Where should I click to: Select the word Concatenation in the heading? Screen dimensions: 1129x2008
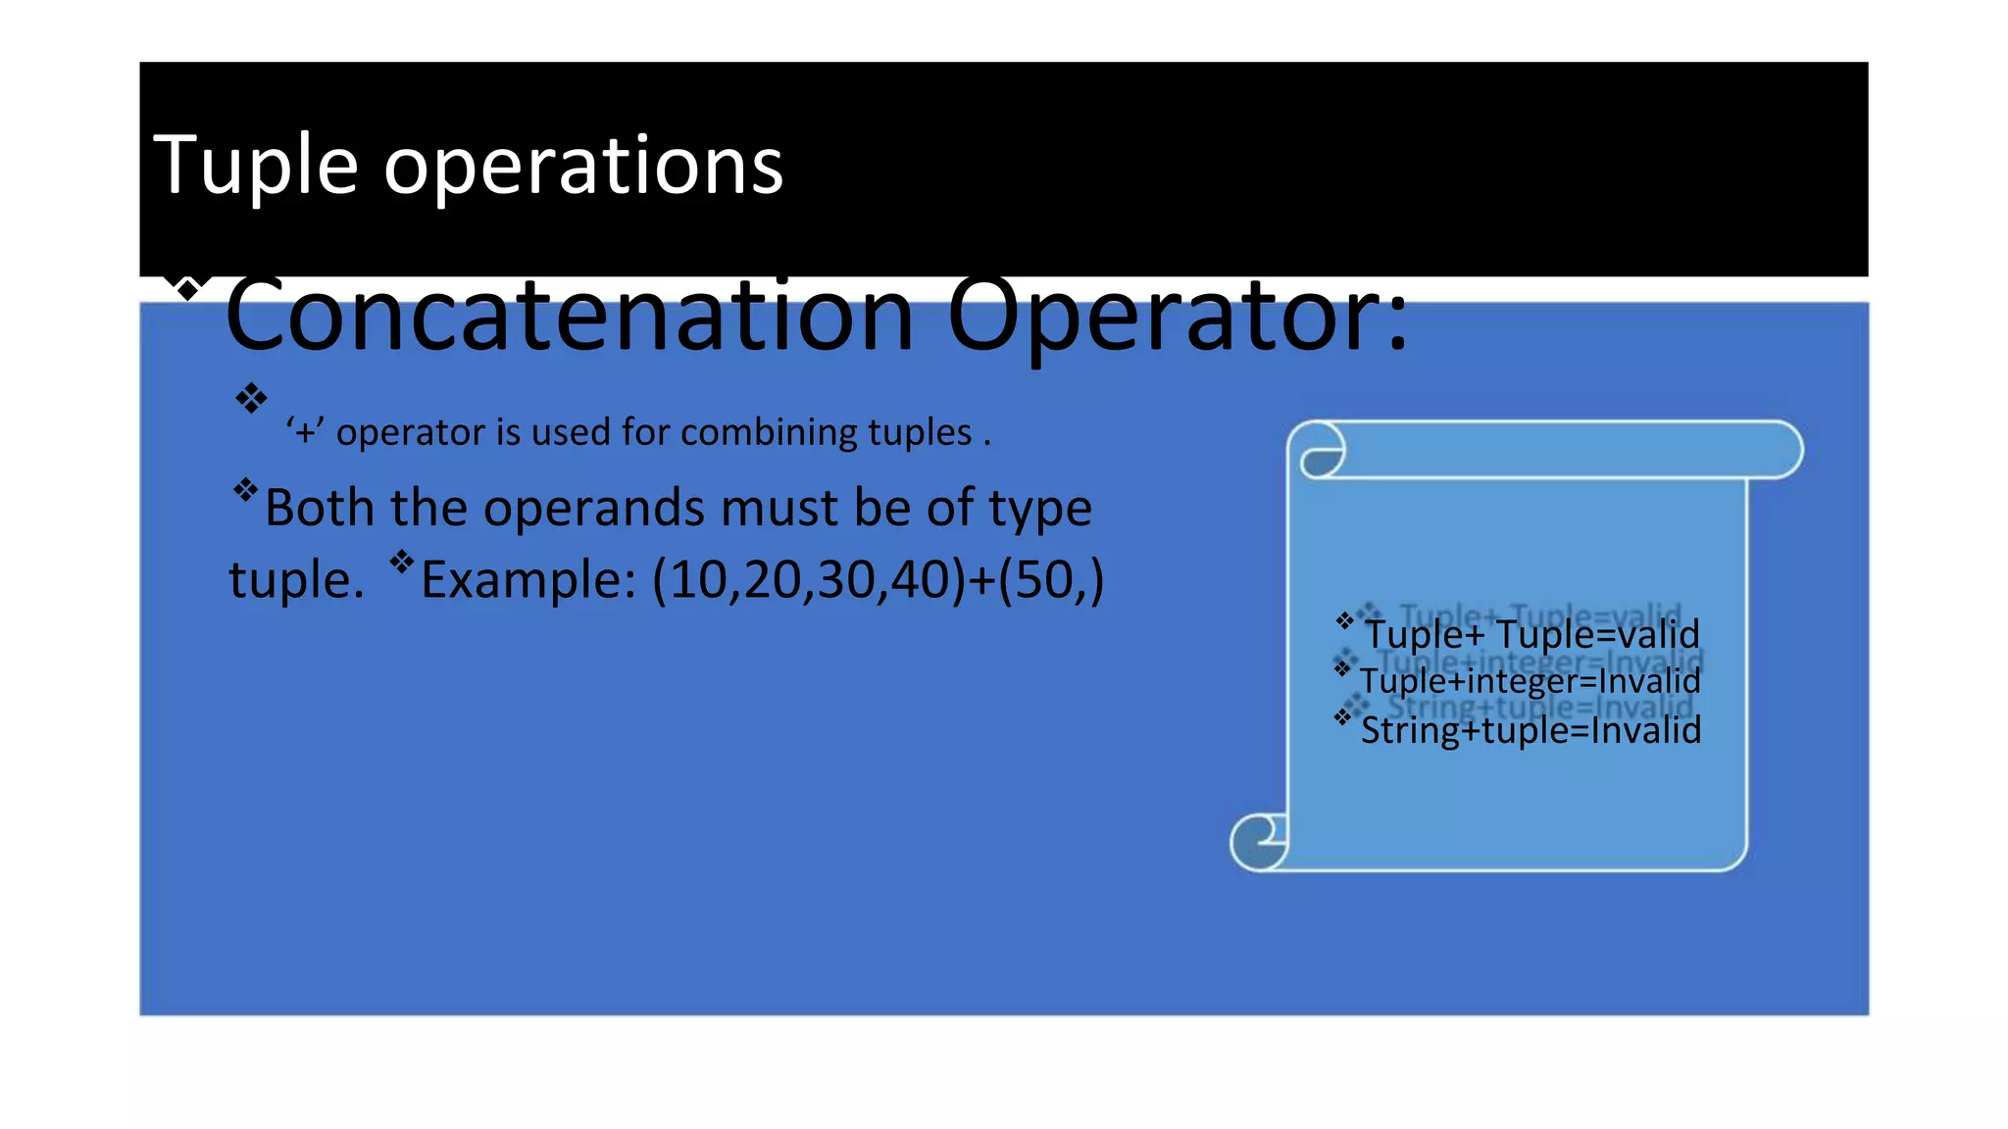pos(569,316)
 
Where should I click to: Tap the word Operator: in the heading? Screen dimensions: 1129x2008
pos(1177,316)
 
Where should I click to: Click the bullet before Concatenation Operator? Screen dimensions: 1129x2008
pos(186,288)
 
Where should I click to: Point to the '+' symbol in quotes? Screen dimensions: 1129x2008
pos(306,432)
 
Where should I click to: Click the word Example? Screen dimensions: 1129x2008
pos(528,579)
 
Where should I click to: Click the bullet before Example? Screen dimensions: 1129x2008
pos(402,562)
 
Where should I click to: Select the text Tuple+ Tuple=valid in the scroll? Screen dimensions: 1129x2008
pos(1531,634)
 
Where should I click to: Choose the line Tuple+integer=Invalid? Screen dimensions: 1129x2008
pos(1530,681)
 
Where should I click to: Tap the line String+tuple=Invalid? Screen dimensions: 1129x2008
pos(1531,730)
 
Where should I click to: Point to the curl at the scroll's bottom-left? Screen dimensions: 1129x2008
pos(1260,841)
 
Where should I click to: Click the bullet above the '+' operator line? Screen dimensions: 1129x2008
pos(251,398)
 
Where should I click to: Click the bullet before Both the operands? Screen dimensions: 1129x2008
pos(245,489)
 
